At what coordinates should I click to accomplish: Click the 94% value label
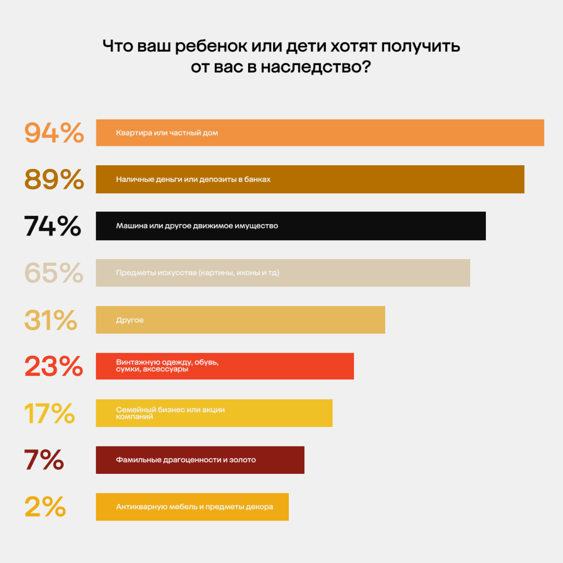coord(54,133)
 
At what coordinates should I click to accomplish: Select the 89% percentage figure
coord(54,179)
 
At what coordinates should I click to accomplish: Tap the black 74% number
coord(53,226)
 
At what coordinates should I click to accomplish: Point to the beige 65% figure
coord(54,273)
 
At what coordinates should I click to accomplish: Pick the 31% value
coord(51,320)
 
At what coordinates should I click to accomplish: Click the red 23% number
coord(54,366)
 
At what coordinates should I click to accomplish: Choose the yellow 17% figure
coord(49,413)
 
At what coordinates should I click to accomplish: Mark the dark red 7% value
coord(44,460)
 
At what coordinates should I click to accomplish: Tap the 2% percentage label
coord(45,507)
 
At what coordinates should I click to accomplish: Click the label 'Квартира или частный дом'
coord(167,133)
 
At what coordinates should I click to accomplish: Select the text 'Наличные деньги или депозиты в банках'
coord(193,179)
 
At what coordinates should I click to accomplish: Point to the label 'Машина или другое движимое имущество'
coord(197,226)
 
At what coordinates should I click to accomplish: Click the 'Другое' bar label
coord(130,320)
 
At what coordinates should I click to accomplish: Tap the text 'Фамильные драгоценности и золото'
coord(186,460)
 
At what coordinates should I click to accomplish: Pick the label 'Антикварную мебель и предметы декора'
coord(194,507)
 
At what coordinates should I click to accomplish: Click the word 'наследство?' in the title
coord(316,67)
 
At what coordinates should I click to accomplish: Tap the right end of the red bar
coord(351,366)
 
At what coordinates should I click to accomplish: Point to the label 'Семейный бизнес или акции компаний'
coord(170,413)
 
